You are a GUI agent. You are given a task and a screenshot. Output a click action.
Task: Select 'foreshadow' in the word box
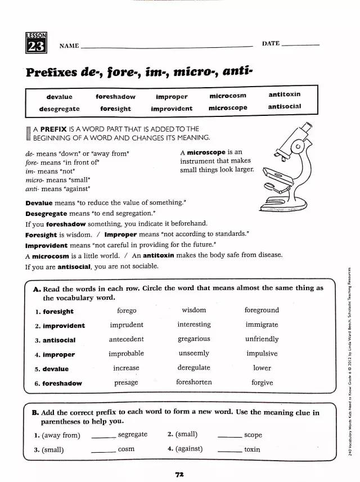point(115,97)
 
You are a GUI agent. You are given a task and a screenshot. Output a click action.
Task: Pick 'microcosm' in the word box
point(228,96)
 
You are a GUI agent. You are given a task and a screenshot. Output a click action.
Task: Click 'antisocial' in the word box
point(285,106)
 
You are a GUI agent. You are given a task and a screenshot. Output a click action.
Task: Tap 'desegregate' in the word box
point(59,109)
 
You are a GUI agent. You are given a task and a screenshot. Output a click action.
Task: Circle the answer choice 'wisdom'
point(193,310)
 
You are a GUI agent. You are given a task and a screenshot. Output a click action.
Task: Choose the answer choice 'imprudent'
point(127,325)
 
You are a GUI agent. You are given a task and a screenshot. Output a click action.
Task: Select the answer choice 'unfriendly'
point(262,339)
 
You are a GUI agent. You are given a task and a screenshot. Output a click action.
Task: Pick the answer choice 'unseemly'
point(193,353)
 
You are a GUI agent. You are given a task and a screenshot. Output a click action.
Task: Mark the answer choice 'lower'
point(262,368)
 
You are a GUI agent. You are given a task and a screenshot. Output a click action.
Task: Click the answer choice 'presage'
point(126,382)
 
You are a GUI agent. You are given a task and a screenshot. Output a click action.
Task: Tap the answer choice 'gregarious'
point(193,339)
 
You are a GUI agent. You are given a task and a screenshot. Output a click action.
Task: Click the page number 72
point(179,475)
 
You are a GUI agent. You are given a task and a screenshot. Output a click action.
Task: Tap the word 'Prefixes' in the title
point(52,73)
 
